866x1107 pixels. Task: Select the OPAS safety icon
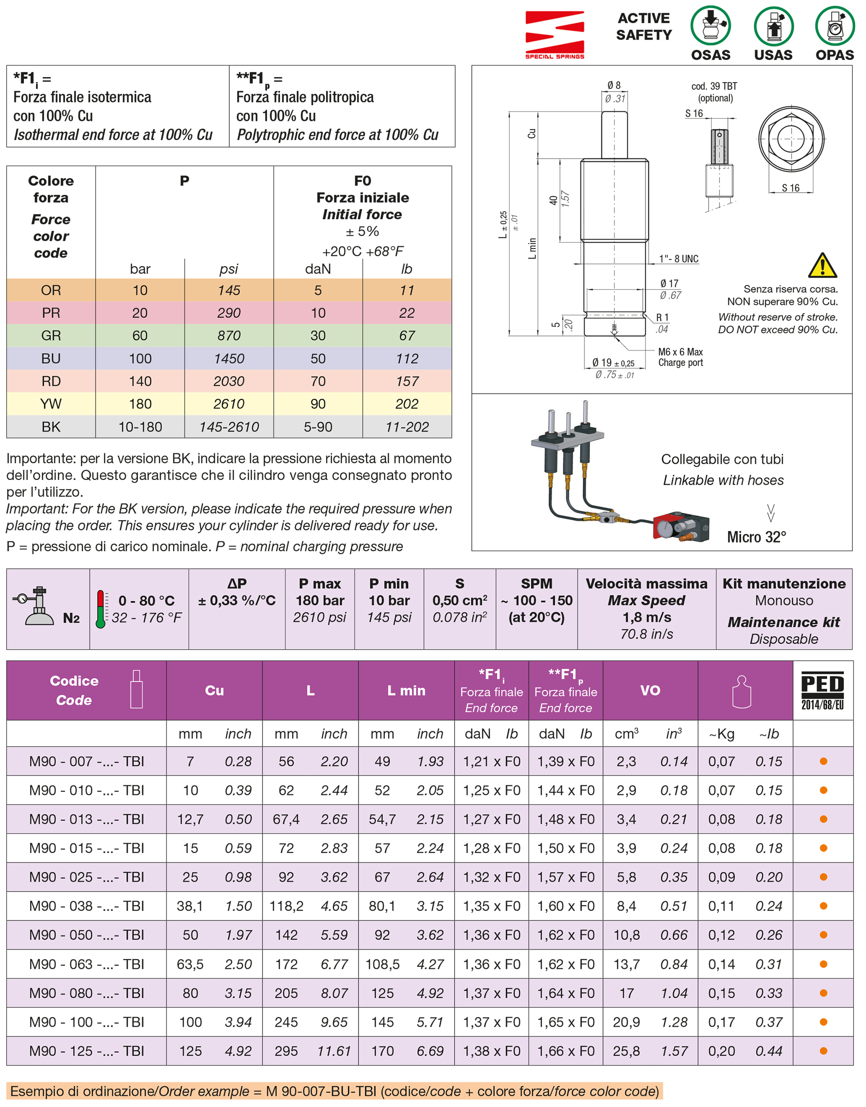834,26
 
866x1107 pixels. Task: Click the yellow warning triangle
822,266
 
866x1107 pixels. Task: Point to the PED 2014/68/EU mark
822,690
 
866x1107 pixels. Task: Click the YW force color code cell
51,404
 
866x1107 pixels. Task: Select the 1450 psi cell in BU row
229,359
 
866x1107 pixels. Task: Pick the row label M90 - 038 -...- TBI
86,906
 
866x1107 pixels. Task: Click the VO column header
649,690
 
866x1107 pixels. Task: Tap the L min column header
406,690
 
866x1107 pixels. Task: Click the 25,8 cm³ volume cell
626,1051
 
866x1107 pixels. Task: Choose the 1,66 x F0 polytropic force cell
565,1051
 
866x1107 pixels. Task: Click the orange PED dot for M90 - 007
823,761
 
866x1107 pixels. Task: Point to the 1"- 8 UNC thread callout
678,259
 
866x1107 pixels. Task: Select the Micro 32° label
756,537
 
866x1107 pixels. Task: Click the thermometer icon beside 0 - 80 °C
101,609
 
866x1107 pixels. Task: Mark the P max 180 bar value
320,600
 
